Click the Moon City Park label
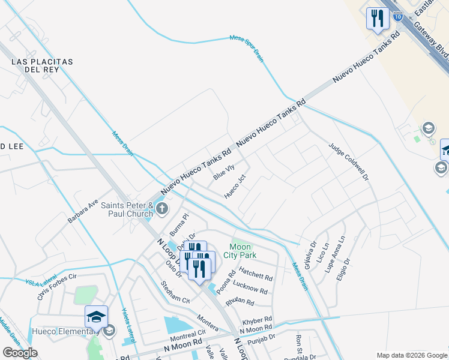[243, 251]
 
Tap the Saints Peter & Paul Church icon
[162, 208]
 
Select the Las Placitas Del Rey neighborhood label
[41, 65]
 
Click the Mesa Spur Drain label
[247, 47]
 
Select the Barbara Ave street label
[82, 212]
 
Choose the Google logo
[20, 353]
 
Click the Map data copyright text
[411, 355]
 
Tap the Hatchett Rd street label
[256, 277]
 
